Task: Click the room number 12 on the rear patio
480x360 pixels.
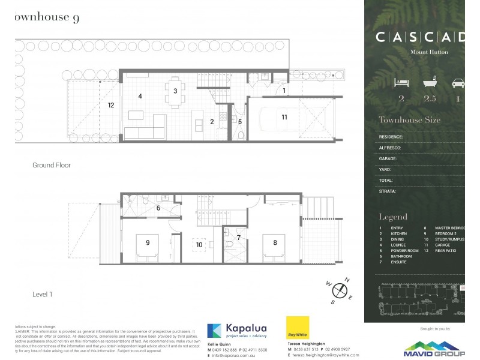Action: pyautogui.click(x=111, y=105)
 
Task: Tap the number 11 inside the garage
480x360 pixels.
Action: pyautogui.click(x=284, y=117)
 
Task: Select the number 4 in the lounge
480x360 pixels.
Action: pyautogui.click(x=140, y=96)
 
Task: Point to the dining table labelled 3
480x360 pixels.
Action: pyautogui.click(x=175, y=91)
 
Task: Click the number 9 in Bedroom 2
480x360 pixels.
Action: pyautogui.click(x=147, y=243)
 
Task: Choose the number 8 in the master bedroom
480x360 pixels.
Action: pyautogui.click(x=275, y=243)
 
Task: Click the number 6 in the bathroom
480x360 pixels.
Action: pyautogui.click(x=158, y=208)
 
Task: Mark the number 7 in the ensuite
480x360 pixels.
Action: pyautogui.click(x=238, y=238)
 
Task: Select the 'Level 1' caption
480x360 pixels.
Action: pyautogui.click(x=43, y=294)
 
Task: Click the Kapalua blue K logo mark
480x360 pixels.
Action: pyautogui.click(x=215, y=331)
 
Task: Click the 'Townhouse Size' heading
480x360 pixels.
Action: pyautogui.click(x=409, y=120)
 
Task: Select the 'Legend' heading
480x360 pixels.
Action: pyautogui.click(x=393, y=217)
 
